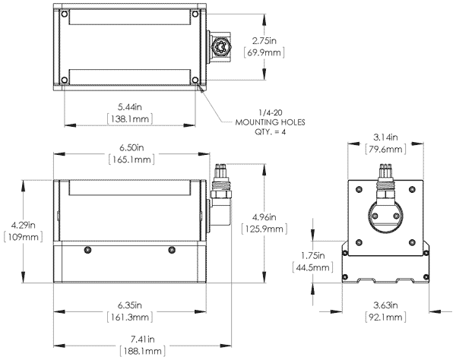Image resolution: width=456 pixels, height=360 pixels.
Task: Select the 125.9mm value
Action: [x=263, y=229]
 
